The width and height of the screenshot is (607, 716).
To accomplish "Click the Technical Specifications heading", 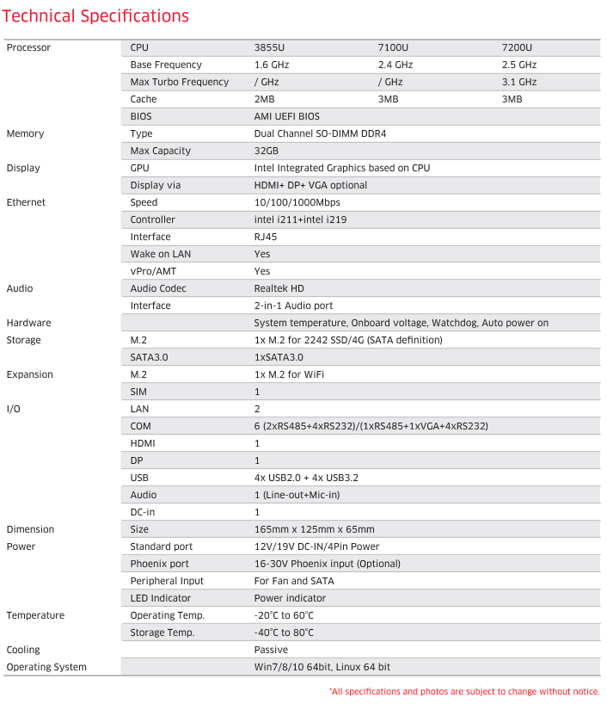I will click(96, 15).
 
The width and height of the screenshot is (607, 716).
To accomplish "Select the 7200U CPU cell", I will click(517, 47).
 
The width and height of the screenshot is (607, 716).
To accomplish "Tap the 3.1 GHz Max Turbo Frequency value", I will click(518, 82).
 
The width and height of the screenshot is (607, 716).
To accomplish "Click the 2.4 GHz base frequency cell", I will click(395, 65).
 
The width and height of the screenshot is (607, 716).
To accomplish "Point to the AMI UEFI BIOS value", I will click(287, 116).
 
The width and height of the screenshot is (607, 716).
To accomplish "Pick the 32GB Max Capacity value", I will click(266, 151).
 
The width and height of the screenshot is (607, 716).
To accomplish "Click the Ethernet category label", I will click(26, 202).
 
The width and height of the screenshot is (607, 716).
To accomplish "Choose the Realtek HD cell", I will click(279, 288).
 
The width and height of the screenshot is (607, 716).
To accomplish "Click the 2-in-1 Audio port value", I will click(293, 306).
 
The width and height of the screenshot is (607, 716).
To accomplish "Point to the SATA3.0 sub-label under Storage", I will click(150, 357).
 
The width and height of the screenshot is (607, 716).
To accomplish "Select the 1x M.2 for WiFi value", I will click(289, 374).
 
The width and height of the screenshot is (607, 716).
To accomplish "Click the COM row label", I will click(140, 426).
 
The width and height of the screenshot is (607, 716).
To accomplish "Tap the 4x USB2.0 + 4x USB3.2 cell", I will click(306, 478).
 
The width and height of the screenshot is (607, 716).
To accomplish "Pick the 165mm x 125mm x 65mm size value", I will click(314, 529).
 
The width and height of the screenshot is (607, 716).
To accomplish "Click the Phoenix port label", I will click(160, 564).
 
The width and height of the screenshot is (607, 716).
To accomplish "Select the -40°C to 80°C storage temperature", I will click(284, 633).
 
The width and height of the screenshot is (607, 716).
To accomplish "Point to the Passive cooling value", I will click(271, 650).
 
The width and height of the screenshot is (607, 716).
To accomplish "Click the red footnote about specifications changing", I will click(464, 692).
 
